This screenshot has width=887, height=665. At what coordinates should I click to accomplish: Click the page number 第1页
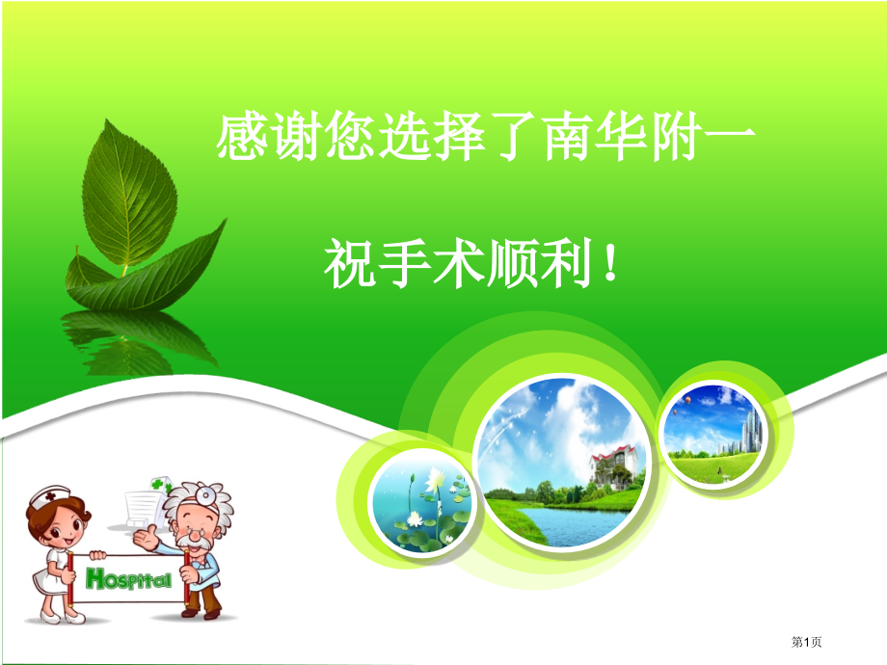(813, 641)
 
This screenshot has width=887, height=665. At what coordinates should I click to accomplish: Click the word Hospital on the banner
(129, 579)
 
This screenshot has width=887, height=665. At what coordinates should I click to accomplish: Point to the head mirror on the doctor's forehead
(204, 493)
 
